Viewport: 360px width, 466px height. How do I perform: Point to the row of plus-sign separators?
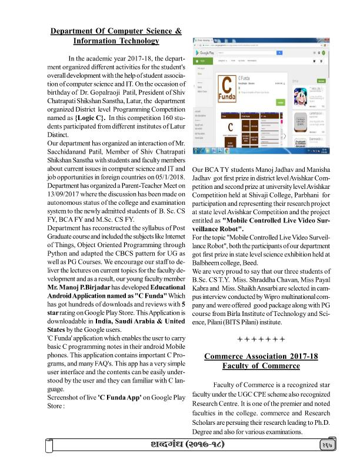tap(261, 339)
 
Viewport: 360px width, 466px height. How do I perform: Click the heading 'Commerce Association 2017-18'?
tap(261, 356)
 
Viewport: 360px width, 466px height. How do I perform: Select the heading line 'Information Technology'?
tap(116, 41)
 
